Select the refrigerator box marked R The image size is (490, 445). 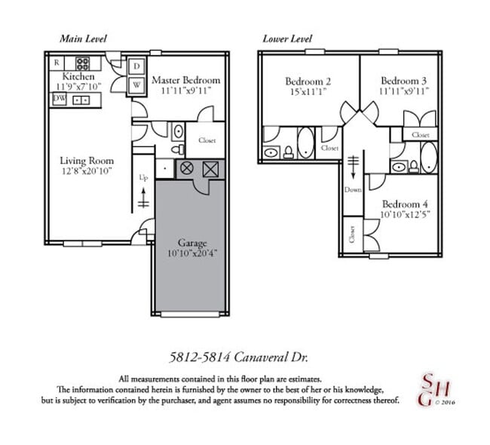tap(57, 63)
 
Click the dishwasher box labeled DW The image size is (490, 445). tap(59, 98)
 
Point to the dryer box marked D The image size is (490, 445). tap(137, 66)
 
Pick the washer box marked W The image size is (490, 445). tap(137, 84)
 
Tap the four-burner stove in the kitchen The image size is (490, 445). tap(79, 98)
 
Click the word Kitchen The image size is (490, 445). tap(78, 77)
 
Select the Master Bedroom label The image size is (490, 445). tap(185, 80)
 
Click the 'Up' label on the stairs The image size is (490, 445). tap(143, 178)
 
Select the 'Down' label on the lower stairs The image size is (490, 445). tap(353, 189)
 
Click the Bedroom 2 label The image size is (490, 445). tap(308, 81)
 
